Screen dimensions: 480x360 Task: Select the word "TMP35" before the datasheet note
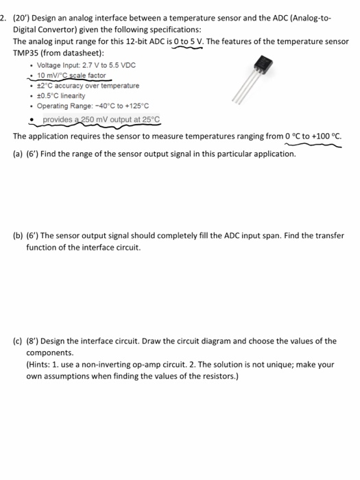tap(27, 53)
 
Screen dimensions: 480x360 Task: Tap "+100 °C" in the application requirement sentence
tap(323, 136)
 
